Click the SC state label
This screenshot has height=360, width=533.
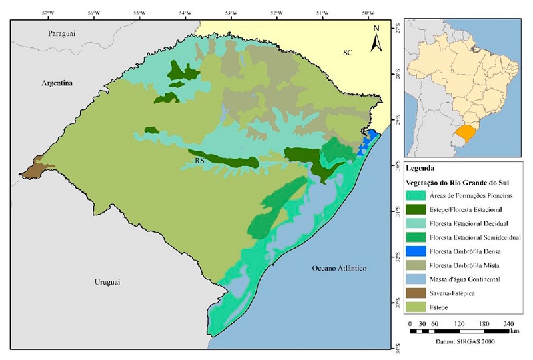click(347, 52)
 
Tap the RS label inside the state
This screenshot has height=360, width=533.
click(199, 161)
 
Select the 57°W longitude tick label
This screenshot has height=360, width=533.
click(48, 12)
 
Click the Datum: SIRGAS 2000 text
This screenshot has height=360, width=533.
click(464, 342)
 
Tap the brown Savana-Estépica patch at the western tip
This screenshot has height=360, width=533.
click(33, 167)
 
